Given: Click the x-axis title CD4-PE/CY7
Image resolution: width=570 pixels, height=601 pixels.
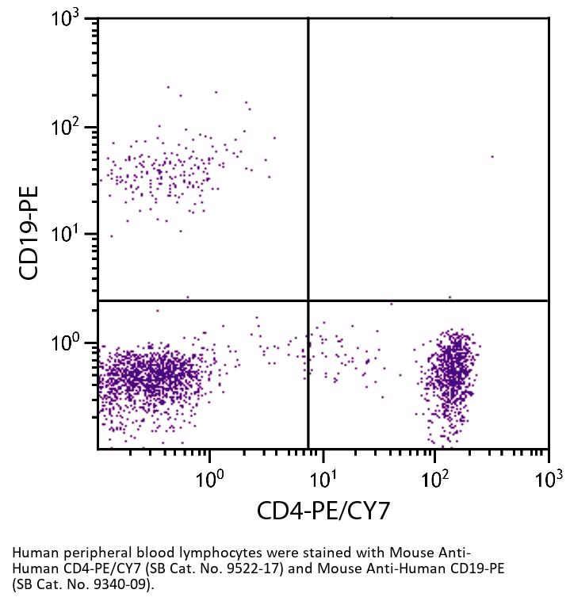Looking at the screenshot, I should pyautogui.click(x=323, y=511).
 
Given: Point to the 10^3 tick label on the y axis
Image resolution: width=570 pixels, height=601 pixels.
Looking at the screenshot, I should pyautogui.click(x=69, y=19).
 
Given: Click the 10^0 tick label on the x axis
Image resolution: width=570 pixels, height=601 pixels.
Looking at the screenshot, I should pyautogui.click(x=209, y=478).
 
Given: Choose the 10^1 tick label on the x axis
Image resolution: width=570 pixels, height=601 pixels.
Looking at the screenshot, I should pyautogui.click(x=323, y=478).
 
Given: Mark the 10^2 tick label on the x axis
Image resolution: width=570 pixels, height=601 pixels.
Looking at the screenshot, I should pyautogui.click(x=435, y=478).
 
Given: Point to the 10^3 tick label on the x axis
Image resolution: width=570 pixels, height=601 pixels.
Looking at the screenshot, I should pyautogui.click(x=547, y=478).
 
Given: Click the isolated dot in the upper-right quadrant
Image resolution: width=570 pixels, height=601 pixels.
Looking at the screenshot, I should pyautogui.click(x=492, y=157).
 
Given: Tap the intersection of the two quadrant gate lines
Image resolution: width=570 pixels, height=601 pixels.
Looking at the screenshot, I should pyautogui.click(x=308, y=300).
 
